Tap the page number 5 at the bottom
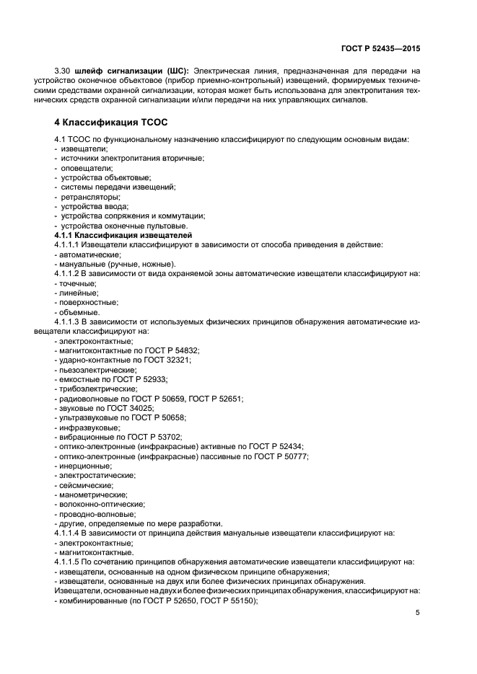(418, 613)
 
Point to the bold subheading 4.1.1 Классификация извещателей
(123, 236)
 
